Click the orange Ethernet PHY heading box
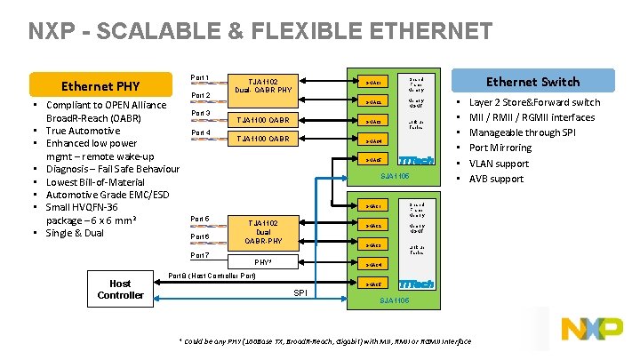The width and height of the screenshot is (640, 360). (99, 86)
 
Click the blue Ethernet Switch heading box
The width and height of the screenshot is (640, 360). (532, 82)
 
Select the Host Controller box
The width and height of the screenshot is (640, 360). (120, 289)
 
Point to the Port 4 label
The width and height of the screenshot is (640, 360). (201, 133)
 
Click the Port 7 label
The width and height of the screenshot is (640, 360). (201, 255)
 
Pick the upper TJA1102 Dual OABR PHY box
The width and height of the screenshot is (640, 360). (263, 85)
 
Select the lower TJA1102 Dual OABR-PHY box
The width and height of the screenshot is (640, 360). (263, 230)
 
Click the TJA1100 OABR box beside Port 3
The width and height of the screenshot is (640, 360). (263, 120)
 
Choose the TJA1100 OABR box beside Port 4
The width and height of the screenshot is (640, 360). (263, 139)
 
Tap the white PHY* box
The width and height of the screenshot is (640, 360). (263, 262)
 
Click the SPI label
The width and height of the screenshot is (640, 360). (300, 293)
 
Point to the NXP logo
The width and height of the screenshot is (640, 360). (591, 330)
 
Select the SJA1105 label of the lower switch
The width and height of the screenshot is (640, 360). (394, 300)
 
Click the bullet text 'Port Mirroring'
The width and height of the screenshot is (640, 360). (500, 148)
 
